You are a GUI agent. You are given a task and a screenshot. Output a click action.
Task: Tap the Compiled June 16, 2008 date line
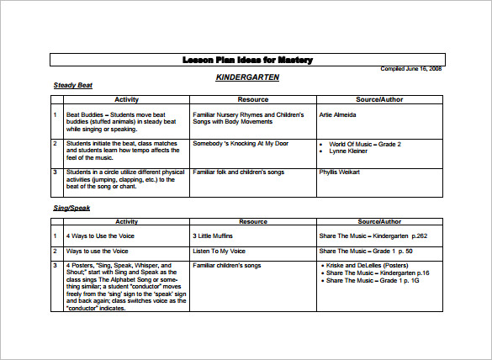tap(411, 69)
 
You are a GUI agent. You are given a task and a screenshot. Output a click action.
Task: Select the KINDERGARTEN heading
tap(246, 77)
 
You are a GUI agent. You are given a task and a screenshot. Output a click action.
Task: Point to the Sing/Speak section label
tap(71, 207)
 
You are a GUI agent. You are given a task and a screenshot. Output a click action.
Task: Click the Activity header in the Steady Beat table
tap(126, 99)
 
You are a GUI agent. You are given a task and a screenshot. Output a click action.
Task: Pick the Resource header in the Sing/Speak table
tap(253, 221)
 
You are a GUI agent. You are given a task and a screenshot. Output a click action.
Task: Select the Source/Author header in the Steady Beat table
tap(379, 99)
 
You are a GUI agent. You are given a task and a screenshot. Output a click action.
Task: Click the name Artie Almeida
tap(338, 114)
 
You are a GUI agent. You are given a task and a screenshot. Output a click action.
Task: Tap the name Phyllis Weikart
tap(340, 172)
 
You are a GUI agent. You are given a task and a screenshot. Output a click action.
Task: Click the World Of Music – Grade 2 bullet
tap(365, 144)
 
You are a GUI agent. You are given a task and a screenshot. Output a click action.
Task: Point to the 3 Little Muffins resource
tap(213, 236)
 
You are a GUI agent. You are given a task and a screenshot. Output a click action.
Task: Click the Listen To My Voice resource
tap(218, 251)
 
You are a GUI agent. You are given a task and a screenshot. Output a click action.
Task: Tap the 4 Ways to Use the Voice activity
tap(101, 236)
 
